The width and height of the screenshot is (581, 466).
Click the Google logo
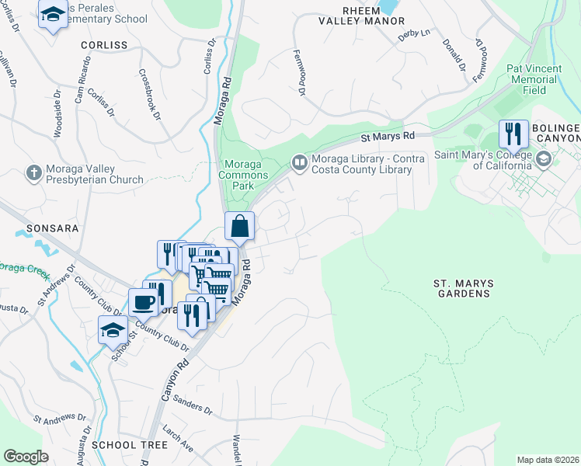point(26,457)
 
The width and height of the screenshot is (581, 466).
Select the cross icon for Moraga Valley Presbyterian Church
point(33,172)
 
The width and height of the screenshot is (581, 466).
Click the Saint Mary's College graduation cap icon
point(543,159)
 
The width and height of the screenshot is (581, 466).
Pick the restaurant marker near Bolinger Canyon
point(513,134)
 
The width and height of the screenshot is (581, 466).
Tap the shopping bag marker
point(240,226)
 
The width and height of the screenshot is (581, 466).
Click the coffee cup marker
point(143,301)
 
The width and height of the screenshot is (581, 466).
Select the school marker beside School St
point(113,329)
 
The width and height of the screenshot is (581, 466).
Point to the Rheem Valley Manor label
point(362,16)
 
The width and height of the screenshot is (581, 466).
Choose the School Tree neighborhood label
point(129,445)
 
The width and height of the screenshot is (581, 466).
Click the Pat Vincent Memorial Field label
point(534,79)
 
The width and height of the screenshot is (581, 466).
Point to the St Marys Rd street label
point(388,137)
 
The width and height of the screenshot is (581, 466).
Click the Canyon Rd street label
point(173,380)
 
